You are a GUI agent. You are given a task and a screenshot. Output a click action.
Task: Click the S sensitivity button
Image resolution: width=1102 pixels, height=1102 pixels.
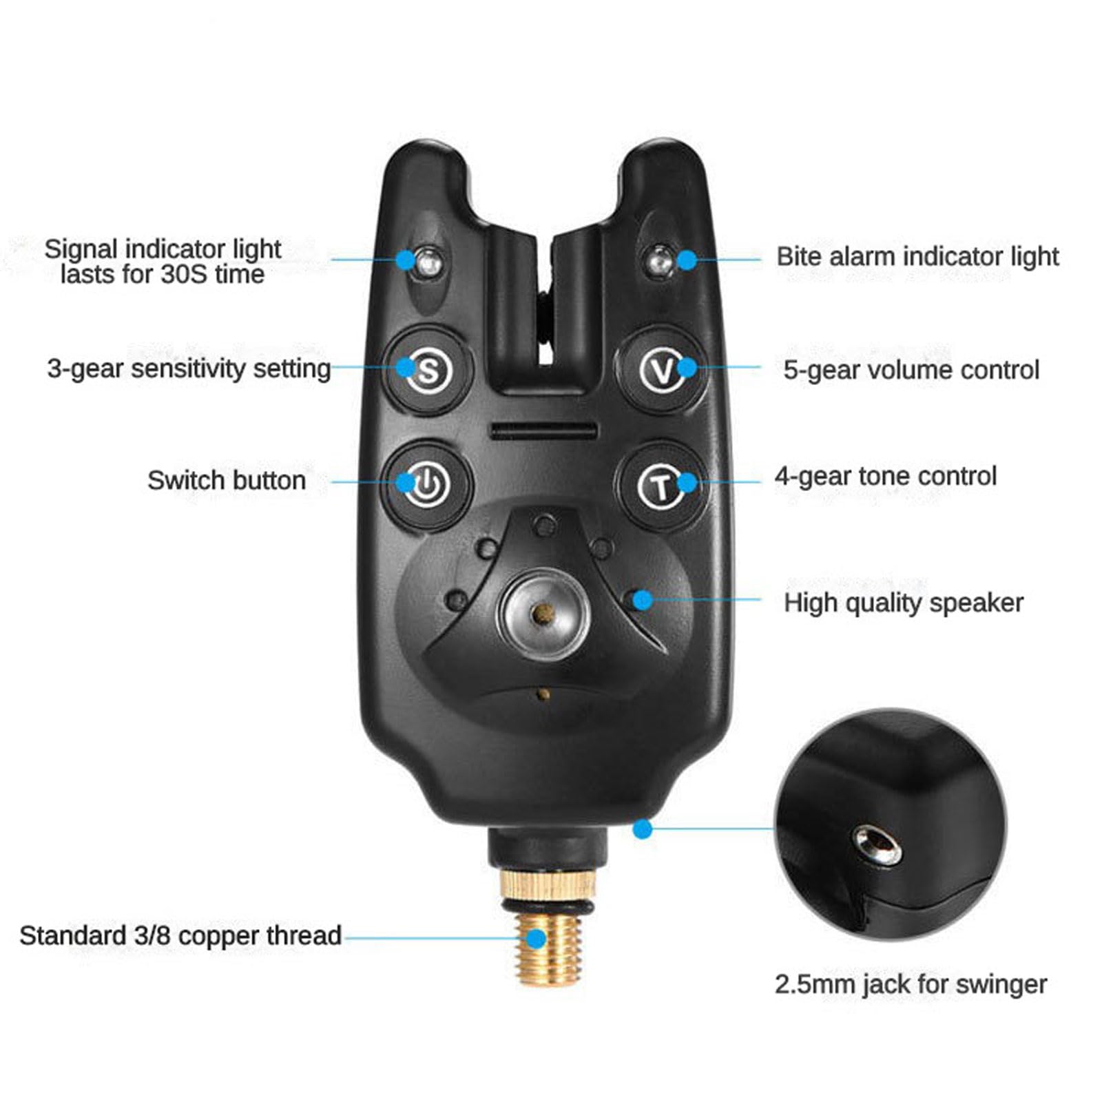(428, 370)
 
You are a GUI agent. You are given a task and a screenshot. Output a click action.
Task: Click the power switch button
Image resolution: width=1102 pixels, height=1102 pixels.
(428, 484)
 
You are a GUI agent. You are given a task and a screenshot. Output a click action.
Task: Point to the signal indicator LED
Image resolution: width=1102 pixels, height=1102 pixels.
(428, 261)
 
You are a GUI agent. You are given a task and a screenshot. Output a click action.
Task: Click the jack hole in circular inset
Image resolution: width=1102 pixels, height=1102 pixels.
(879, 845)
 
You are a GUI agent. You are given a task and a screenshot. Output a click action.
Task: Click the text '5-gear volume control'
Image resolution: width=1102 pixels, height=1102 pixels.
(911, 370)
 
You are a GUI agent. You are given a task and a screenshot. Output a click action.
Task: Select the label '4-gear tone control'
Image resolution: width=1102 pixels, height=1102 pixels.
(885, 476)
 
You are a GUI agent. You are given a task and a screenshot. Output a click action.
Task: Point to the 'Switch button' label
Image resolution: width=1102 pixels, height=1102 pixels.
(227, 480)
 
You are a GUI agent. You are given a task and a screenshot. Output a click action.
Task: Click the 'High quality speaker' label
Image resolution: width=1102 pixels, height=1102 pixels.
(903, 603)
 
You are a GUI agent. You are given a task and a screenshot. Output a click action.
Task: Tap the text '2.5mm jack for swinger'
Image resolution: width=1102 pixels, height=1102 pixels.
(911, 984)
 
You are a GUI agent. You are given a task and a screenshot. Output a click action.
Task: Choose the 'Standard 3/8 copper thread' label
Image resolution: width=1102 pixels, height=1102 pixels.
(180, 935)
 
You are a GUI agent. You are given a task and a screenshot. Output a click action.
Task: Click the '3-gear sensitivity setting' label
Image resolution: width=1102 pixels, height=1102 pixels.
(189, 368)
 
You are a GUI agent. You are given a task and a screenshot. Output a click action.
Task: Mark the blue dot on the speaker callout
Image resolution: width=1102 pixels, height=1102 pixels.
(643, 600)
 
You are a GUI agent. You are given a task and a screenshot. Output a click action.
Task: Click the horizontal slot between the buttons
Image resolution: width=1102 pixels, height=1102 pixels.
(543, 432)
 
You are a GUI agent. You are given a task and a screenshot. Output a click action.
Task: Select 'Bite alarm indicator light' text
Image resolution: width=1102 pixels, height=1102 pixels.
(917, 256)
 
